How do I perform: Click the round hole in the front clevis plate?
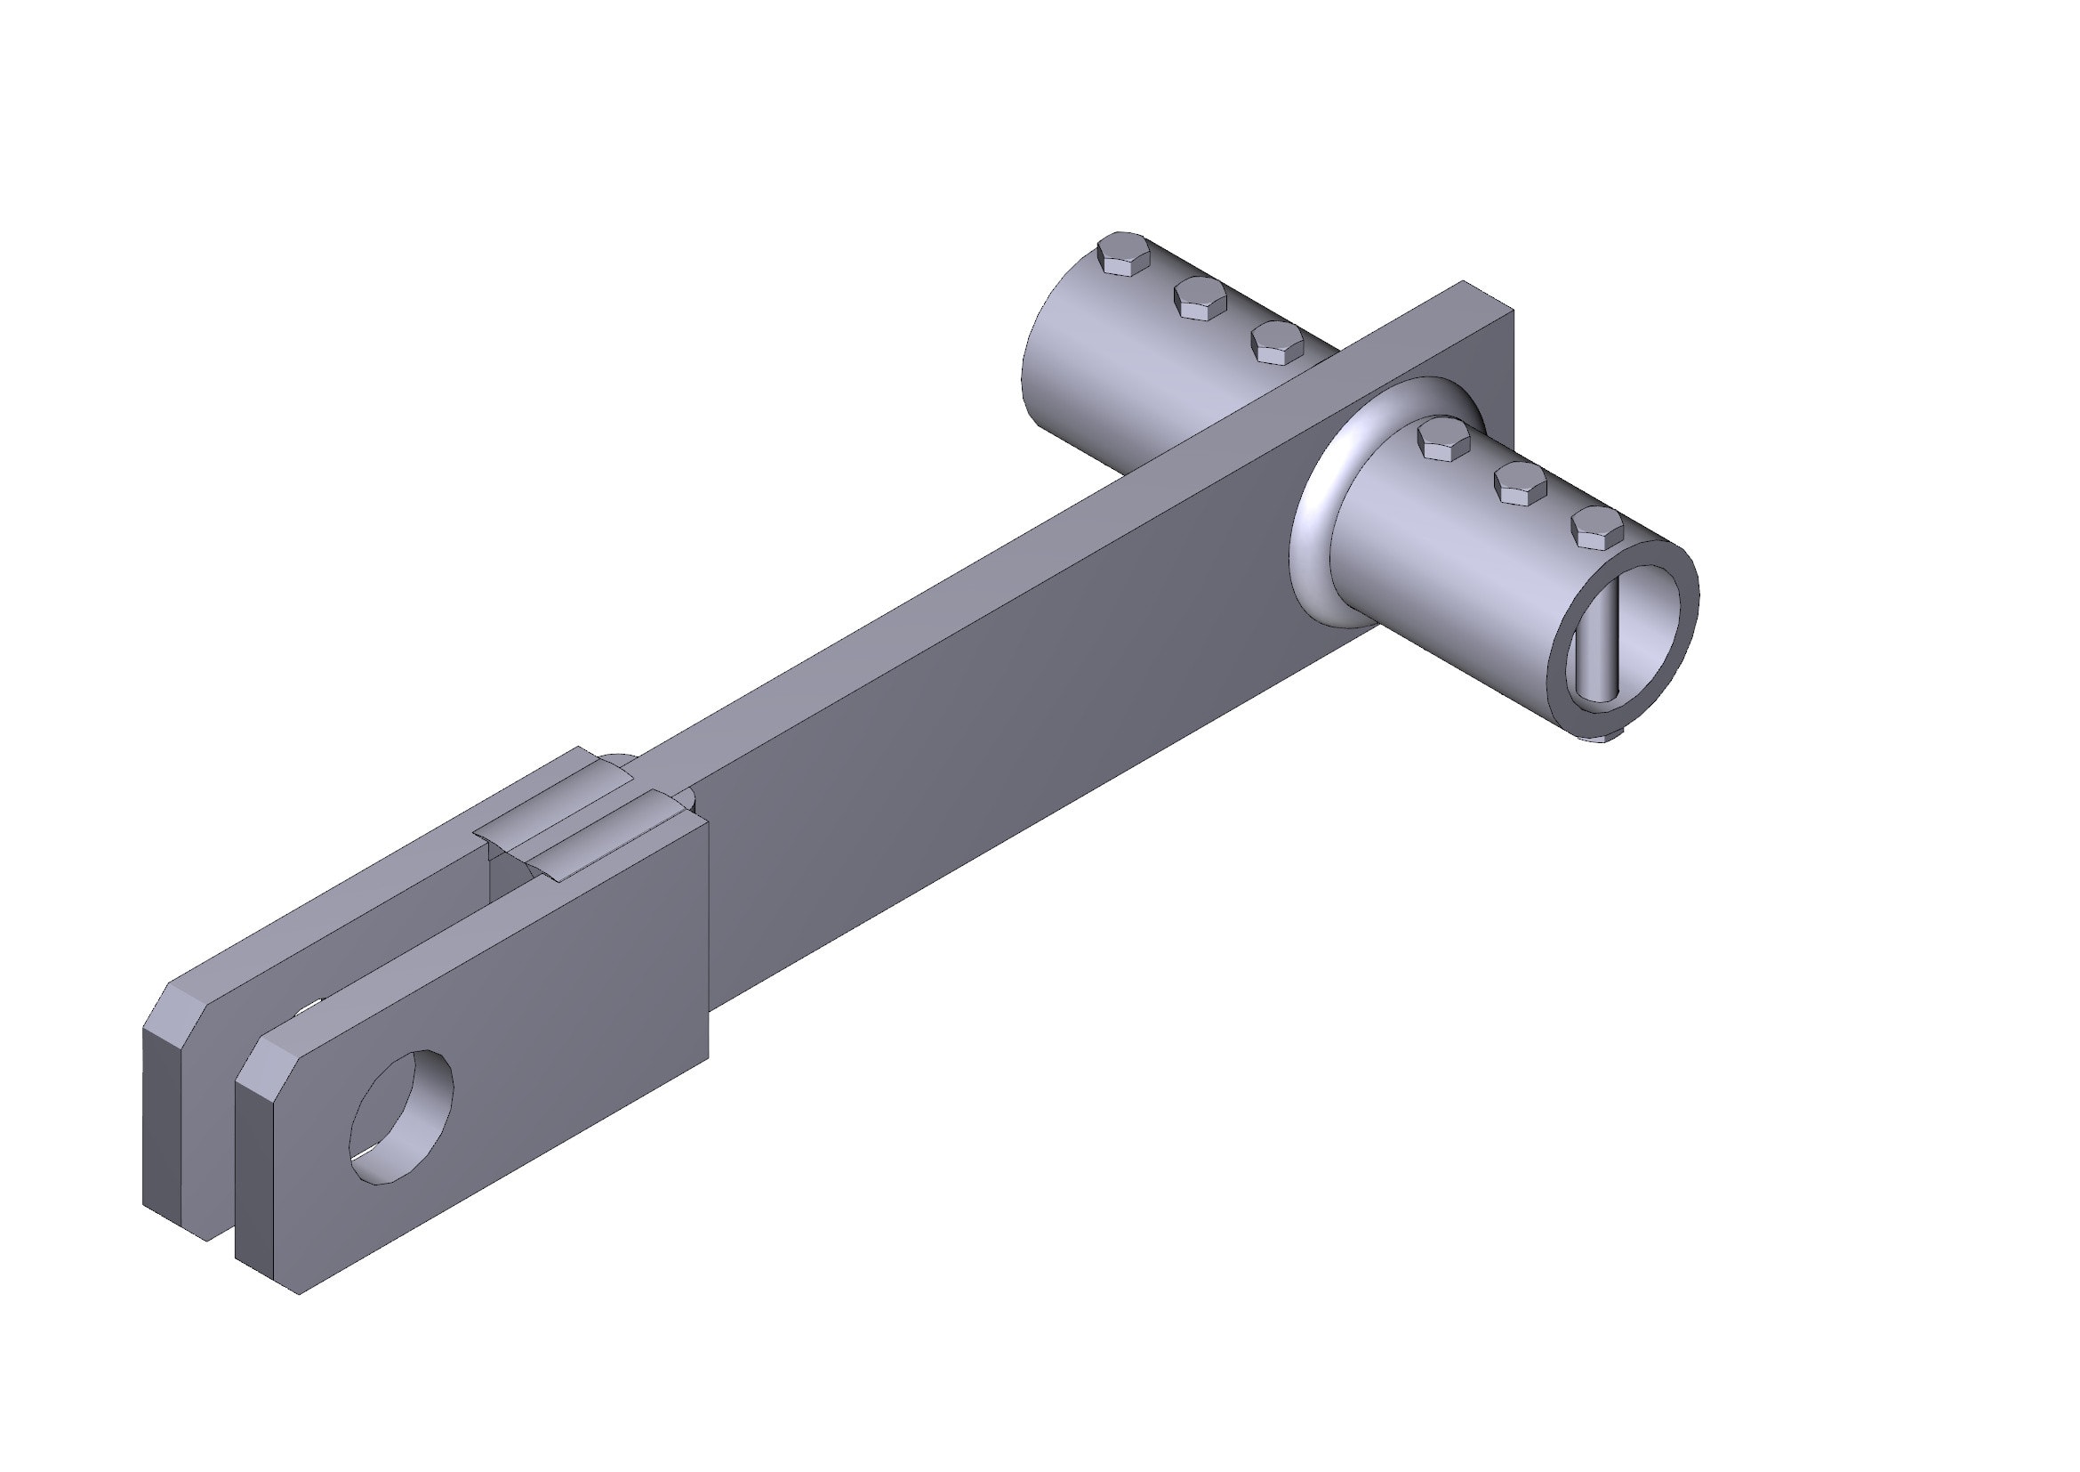pyautogui.click(x=401, y=1118)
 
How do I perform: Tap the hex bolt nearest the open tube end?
pyautogui.click(x=1596, y=529)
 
